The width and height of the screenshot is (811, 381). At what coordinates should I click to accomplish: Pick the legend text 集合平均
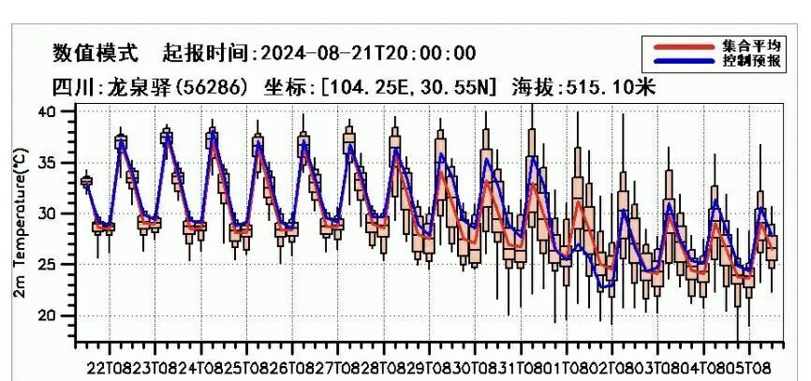(x=750, y=45)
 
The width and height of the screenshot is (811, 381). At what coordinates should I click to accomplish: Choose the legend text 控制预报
(x=750, y=60)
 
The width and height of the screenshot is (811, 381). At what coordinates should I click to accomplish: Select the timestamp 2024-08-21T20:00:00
(x=366, y=52)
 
